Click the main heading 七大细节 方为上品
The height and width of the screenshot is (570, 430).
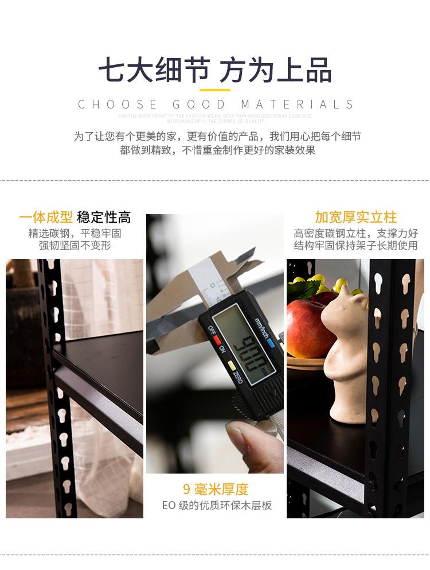tap(214, 71)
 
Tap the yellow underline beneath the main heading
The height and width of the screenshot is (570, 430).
tap(214, 90)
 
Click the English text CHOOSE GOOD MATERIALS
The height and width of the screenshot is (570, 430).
tap(216, 104)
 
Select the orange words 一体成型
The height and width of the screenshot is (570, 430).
tap(46, 217)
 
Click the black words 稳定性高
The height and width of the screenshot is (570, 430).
tap(104, 217)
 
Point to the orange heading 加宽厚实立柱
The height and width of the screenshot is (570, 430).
tap(355, 217)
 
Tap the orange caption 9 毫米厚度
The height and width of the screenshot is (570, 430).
tap(216, 489)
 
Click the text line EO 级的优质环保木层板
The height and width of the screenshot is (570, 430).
tap(216, 506)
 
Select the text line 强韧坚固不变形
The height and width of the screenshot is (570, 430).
tap(75, 246)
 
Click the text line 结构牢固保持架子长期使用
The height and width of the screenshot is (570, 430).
tap(355, 246)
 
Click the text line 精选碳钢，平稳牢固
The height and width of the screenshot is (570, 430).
tap(75, 233)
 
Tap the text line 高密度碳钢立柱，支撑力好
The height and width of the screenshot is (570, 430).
tap(355, 233)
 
